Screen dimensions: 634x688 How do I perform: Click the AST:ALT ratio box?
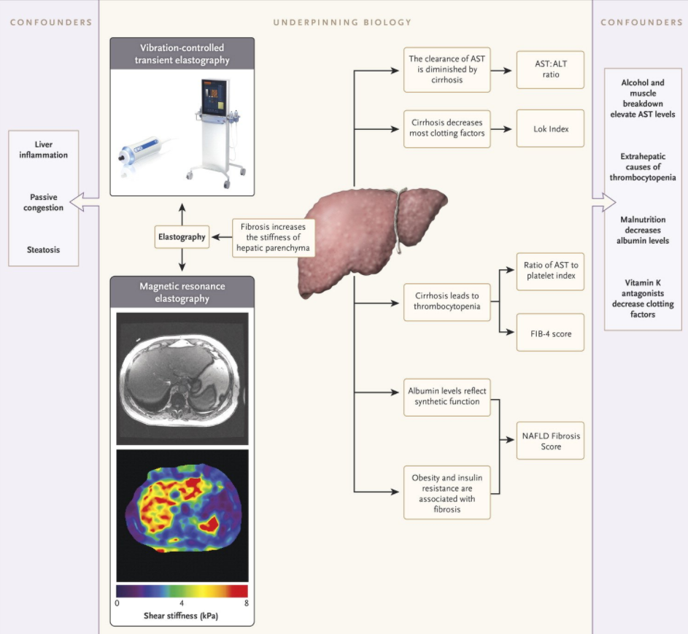click(550, 69)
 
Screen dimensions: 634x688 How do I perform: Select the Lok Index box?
click(550, 128)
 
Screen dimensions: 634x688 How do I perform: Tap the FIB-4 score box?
click(550, 333)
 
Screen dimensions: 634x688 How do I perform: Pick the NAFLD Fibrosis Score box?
click(550, 441)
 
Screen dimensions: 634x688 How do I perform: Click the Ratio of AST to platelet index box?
click(550, 270)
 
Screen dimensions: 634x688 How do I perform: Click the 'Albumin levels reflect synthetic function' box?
click(447, 397)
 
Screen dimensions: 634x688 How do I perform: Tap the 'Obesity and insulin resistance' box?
click(447, 493)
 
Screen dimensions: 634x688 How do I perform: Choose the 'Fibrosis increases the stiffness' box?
click(274, 236)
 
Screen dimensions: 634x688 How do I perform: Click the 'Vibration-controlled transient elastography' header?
click(182, 54)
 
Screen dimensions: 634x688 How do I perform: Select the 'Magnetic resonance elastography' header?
click(182, 292)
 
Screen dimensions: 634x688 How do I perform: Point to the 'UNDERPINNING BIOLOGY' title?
click(342, 23)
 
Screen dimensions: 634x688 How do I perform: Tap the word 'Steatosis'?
click(43, 250)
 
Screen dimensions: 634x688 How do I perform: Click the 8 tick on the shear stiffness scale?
click(247, 603)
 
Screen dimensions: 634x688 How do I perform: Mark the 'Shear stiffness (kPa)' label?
click(182, 616)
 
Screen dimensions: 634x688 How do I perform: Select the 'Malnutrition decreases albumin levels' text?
click(643, 230)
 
